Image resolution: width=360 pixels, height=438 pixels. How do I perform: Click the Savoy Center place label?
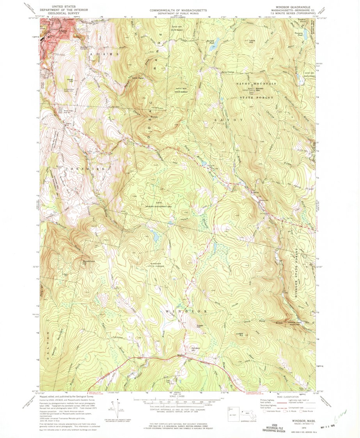pos(227,72)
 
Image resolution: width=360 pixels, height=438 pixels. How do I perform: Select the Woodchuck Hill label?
pos(87,262)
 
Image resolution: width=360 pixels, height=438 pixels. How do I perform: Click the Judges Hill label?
pos(239,334)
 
